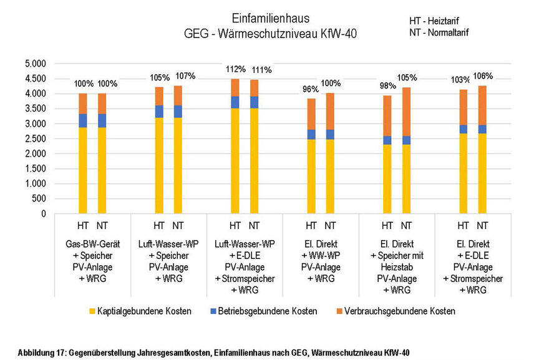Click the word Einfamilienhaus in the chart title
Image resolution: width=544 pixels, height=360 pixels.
271,19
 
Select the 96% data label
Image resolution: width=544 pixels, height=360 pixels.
311,89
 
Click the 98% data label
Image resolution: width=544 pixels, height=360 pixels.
387,85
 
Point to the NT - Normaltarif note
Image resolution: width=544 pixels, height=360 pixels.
439,32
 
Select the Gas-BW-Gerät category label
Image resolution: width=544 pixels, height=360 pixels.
92,242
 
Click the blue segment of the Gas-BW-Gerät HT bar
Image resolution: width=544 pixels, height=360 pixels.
82,120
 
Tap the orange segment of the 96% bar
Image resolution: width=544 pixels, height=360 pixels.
311,114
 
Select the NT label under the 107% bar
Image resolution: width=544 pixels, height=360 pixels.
178,225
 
